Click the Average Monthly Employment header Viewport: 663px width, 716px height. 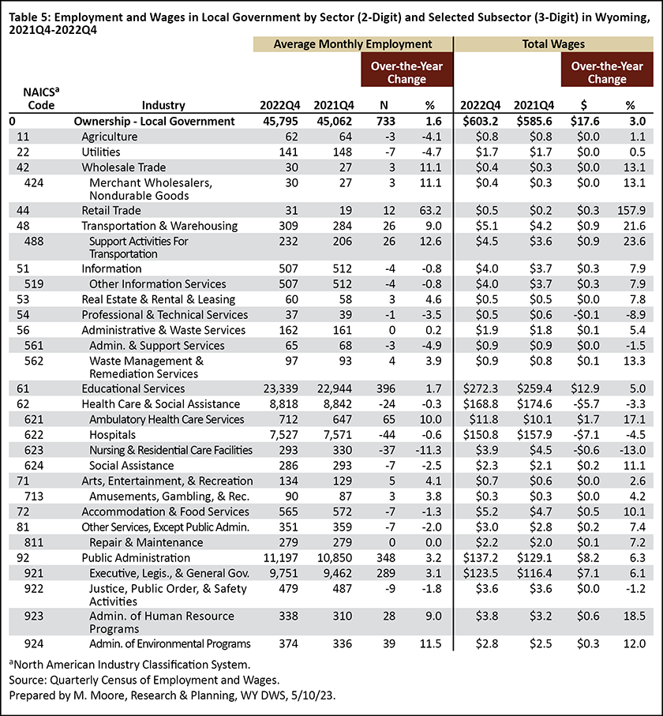pos(353,44)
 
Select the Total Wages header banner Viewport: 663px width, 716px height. pos(553,44)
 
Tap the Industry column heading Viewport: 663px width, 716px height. pos(163,106)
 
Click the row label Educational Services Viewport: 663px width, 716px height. pos(133,388)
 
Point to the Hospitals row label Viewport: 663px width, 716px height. pos(112,435)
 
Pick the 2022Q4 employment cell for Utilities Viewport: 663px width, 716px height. pos(289,152)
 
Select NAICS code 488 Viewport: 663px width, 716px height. pos(34,241)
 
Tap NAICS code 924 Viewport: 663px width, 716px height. pos(34,644)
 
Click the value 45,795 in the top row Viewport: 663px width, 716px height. pos(280,122)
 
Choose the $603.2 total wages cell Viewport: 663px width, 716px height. pos(481,122)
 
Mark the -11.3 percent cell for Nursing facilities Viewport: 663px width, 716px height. pos(429,450)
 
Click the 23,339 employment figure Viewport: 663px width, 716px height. pos(280,388)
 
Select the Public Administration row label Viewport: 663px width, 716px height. pos(136,558)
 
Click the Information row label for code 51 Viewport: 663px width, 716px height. pos(111,268)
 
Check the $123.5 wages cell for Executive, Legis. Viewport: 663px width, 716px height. pos(481,574)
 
